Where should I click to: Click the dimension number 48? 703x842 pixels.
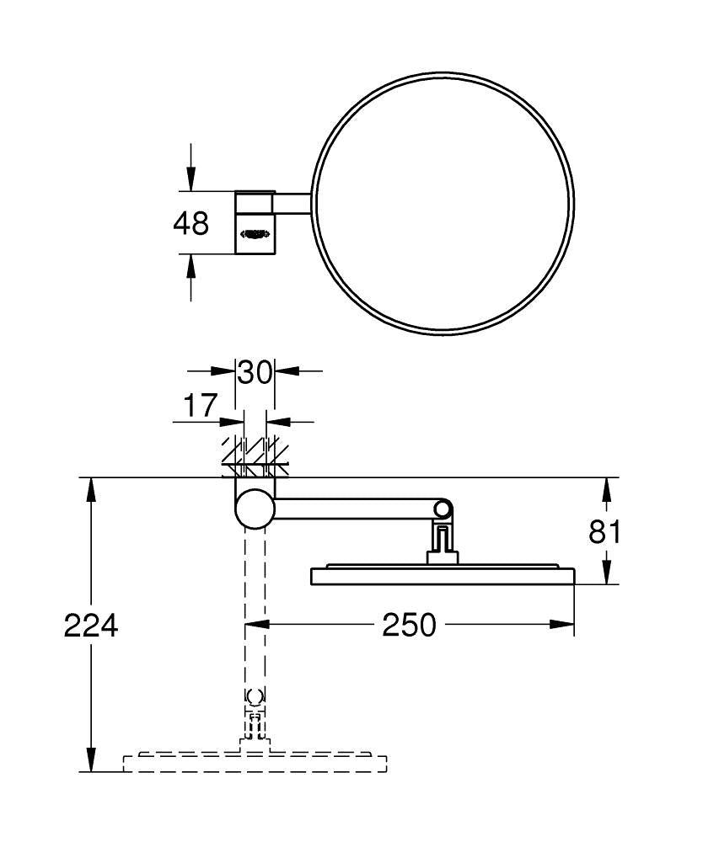[x=191, y=224]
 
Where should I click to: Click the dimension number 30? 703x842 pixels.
[x=255, y=371]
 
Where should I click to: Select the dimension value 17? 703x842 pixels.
[x=201, y=406]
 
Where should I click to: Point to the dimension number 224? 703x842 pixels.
[x=91, y=626]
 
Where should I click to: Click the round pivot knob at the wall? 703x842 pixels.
[x=255, y=508]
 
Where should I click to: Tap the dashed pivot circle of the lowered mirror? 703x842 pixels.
[x=255, y=697]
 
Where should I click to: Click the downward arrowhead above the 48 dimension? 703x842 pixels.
[x=191, y=180]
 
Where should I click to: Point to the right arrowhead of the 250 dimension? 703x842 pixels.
[x=563, y=624]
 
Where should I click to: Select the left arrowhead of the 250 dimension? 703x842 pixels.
[x=256, y=624]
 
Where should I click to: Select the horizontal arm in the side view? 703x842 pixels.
[x=354, y=507]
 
